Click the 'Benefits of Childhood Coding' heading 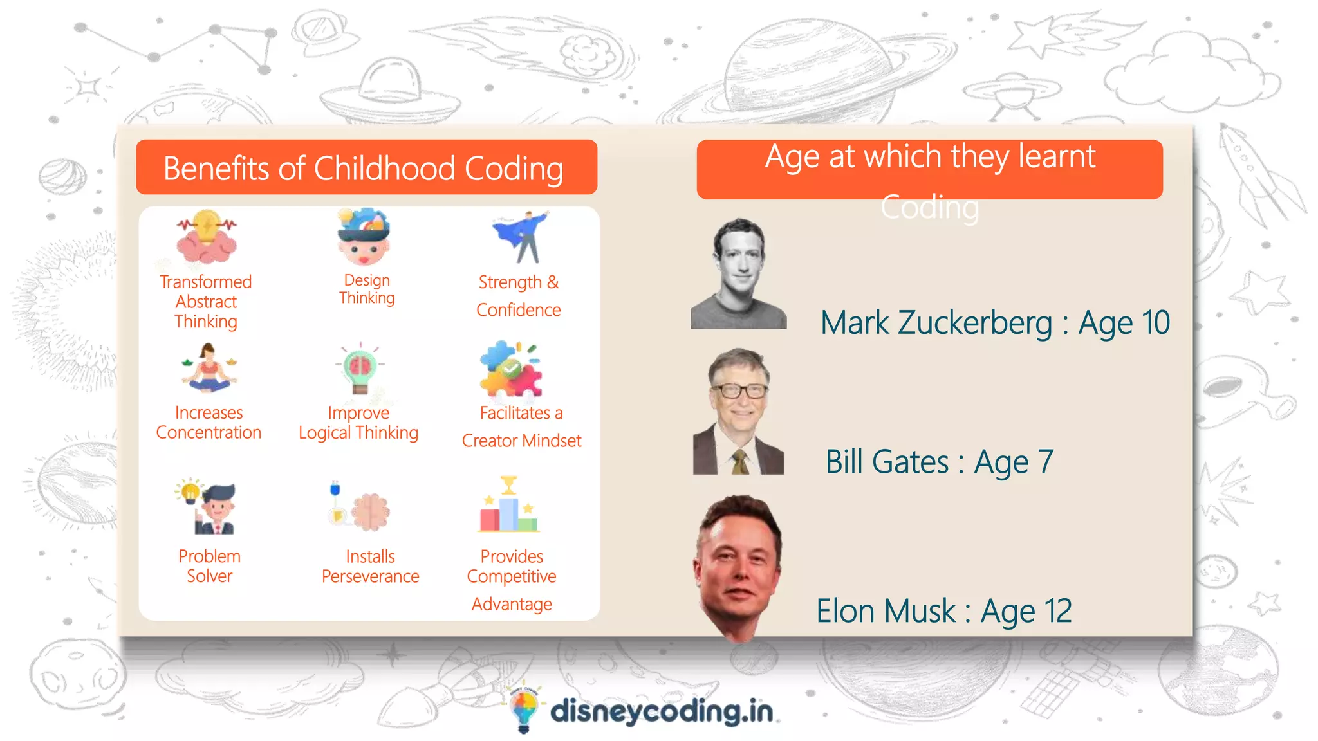pos(364,169)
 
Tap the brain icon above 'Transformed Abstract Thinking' pos(207,237)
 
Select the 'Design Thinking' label pos(367,289)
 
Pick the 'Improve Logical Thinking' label pos(358,423)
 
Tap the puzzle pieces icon pos(511,369)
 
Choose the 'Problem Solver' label pos(209,566)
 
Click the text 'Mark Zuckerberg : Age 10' pos(994,323)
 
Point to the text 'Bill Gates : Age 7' pos(940,462)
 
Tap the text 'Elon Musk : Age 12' pos(944,611)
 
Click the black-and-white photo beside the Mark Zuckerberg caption pos(739,274)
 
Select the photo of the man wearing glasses pos(739,412)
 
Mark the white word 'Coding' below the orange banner pos(929,208)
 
